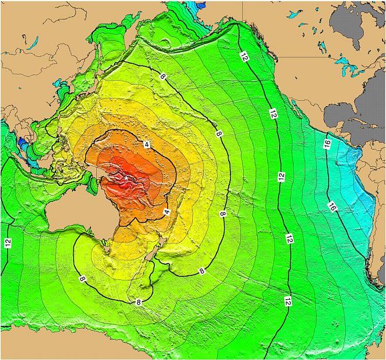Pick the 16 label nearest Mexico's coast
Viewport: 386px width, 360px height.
(327, 143)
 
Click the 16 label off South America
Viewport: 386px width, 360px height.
(332, 206)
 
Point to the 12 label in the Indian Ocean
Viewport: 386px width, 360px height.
(8, 242)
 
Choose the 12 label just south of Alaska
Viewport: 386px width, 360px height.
(244, 56)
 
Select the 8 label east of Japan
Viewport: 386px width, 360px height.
(161, 77)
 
